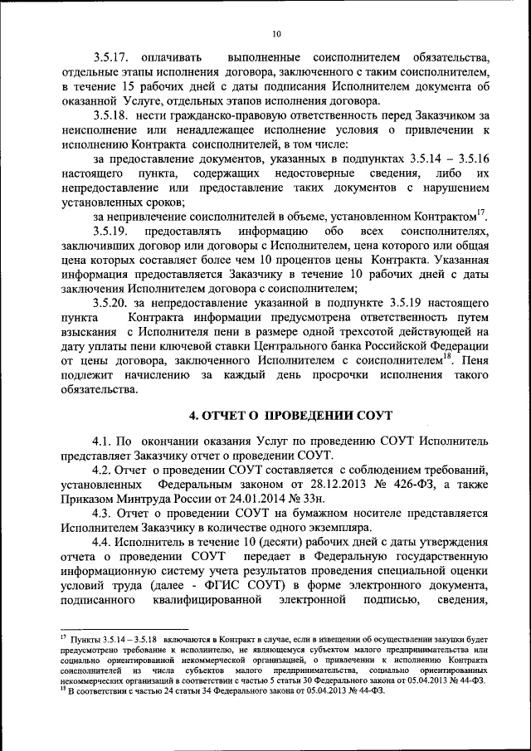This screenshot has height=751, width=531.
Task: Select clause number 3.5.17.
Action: coord(112,56)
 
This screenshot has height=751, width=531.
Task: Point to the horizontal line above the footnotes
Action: coord(124,630)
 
